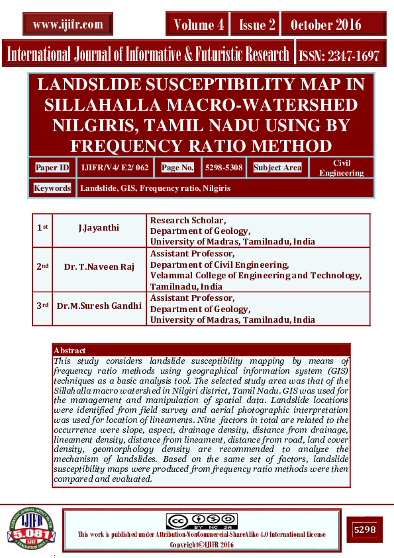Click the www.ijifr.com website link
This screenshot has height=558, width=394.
coord(68,25)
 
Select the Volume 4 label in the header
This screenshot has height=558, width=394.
coord(198,25)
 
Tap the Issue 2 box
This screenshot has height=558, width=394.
coord(257,25)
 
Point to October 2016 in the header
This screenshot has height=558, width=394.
coord(326,25)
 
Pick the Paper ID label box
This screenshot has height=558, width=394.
coord(52,168)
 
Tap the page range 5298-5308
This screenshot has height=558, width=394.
coord(222,168)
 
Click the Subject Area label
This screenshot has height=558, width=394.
coord(277,168)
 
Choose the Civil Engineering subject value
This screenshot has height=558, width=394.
coord(341,168)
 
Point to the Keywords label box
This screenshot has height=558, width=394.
coord(53,188)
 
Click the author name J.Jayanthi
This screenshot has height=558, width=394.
coord(99,227)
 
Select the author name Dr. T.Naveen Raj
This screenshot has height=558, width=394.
coord(99,266)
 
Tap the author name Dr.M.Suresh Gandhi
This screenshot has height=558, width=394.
coord(99,307)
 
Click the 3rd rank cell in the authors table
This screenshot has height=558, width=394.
coord(42,307)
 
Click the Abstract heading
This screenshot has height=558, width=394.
coord(70,350)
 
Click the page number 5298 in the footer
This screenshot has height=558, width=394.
coord(365,530)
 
